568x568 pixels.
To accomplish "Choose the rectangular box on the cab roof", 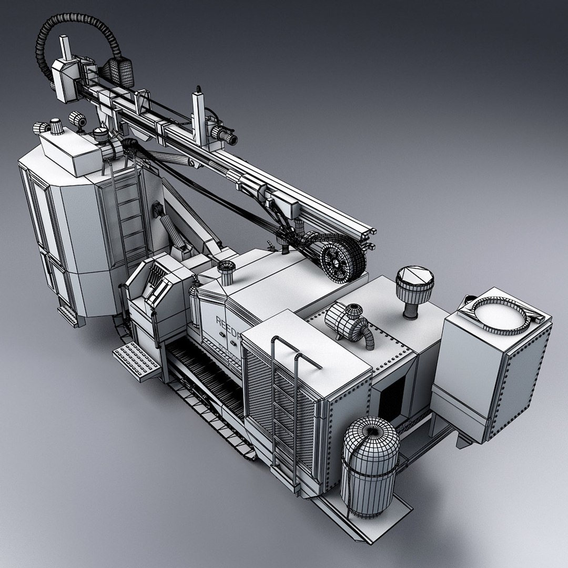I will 71,150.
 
